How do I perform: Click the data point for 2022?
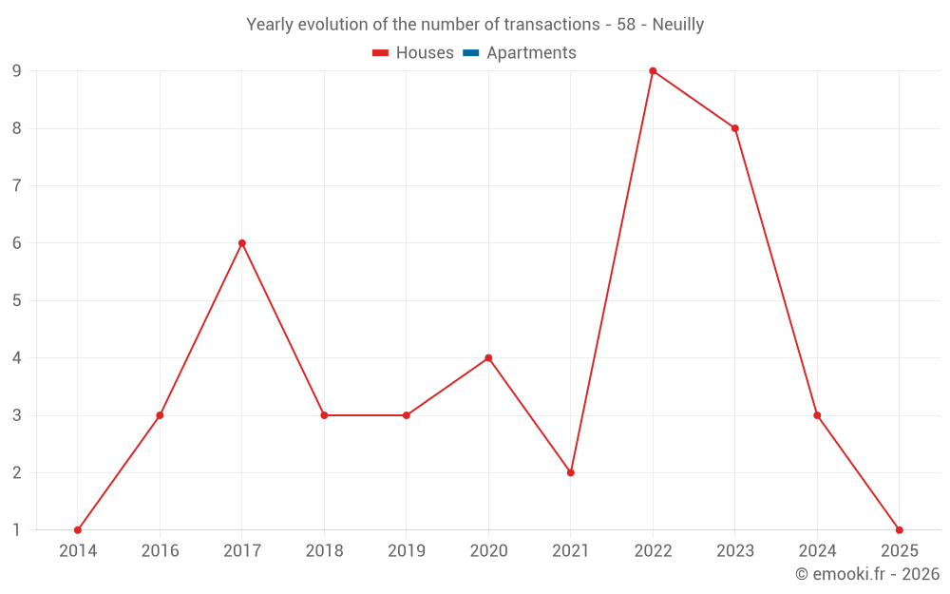pyautogui.click(x=653, y=71)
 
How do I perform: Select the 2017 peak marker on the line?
pyautogui.click(x=242, y=243)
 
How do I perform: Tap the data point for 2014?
pyautogui.click(x=78, y=530)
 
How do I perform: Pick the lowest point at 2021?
pyautogui.click(x=571, y=472)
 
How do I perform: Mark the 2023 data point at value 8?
pyautogui.click(x=735, y=128)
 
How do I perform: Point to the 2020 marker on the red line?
pyautogui.click(x=488, y=358)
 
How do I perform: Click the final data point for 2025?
pyautogui.click(x=900, y=530)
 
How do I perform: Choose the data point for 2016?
pyautogui.click(x=160, y=415)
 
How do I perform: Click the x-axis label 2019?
pyautogui.click(x=407, y=551)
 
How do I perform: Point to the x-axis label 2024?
pyautogui.click(x=817, y=551)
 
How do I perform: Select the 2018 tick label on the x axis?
pyautogui.click(x=324, y=551)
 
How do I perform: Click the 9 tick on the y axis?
pyautogui.click(x=17, y=71)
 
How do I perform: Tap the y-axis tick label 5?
pyautogui.click(x=17, y=300)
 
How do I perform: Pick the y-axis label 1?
pyautogui.click(x=17, y=530)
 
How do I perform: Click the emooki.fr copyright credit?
pyautogui.click(x=867, y=574)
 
